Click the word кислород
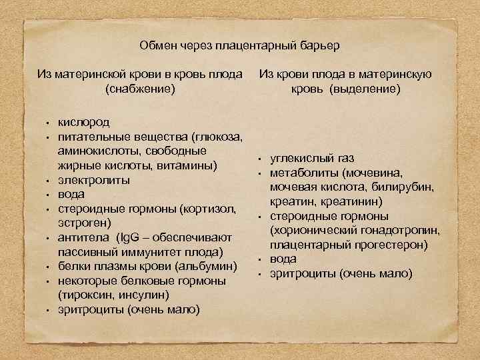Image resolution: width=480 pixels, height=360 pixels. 84,123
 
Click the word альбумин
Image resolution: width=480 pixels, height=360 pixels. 207,267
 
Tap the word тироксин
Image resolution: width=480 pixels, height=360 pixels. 86,295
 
